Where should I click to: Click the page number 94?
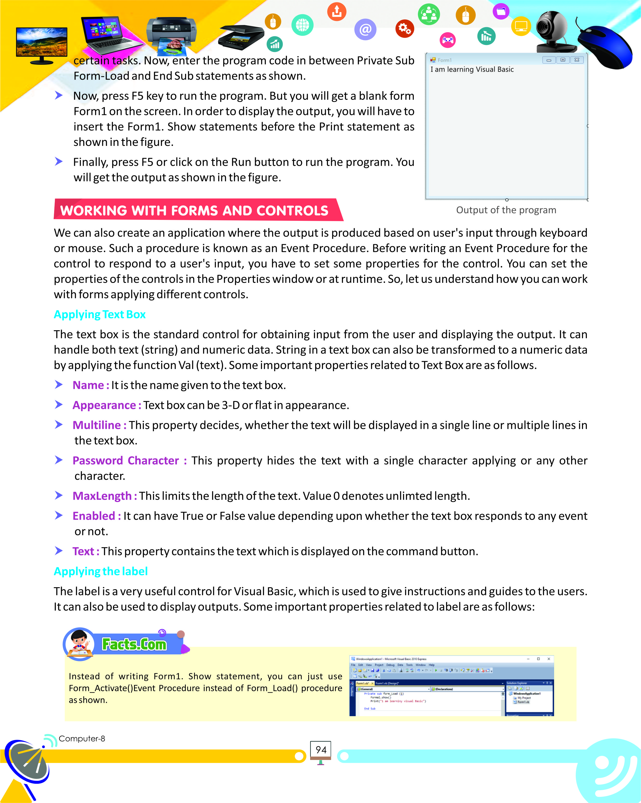(x=321, y=749)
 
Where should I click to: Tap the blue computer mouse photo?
(x=605, y=47)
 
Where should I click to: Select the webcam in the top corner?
(x=553, y=32)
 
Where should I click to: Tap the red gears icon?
(x=404, y=29)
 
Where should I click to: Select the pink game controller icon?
(x=448, y=40)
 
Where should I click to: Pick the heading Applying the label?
(x=101, y=571)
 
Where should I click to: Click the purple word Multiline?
(x=97, y=425)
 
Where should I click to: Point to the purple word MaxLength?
(x=102, y=496)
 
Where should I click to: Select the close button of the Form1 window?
(x=577, y=60)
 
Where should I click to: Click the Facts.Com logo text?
(x=134, y=644)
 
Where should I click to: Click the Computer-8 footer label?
(x=82, y=739)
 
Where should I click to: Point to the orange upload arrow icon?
(x=337, y=12)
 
